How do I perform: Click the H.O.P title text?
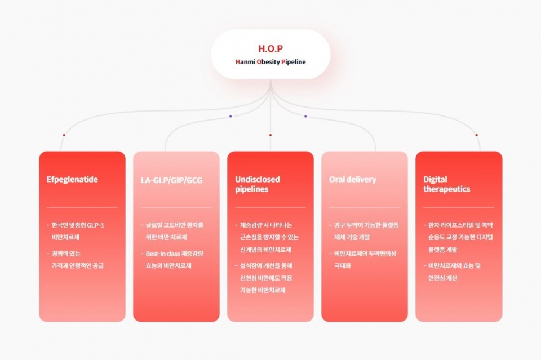click(x=270, y=48)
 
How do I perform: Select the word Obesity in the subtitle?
click(x=268, y=62)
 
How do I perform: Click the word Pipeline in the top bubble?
click(x=294, y=62)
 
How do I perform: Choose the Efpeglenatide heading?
click(x=72, y=180)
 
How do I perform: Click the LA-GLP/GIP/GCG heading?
click(x=171, y=181)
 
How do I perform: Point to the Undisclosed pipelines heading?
click(x=258, y=184)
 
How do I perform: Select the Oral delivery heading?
click(x=352, y=180)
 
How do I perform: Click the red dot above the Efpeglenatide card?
click(x=64, y=135)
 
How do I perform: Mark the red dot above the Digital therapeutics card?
click(x=476, y=135)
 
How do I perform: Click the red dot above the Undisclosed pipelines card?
click(x=270, y=135)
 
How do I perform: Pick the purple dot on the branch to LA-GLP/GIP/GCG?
click(x=230, y=117)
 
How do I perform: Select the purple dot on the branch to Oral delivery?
click(x=305, y=117)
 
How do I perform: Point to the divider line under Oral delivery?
click(x=364, y=207)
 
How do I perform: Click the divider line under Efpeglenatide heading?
click(x=82, y=207)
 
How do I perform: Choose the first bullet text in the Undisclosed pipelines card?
click(x=266, y=237)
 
